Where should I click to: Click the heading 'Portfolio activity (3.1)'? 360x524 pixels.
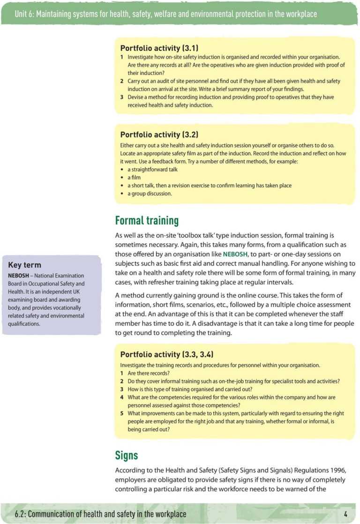(x=159, y=48)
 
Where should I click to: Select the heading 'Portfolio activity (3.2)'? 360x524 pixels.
(x=159, y=135)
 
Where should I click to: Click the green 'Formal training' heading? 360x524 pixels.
(x=147, y=220)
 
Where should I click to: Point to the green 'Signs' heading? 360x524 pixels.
(x=127, y=455)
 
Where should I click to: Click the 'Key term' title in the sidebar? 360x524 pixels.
(x=24, y=265)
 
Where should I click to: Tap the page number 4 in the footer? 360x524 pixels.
(x=345, y=514)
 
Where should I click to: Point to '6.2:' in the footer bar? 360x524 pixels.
(x=20, y=514)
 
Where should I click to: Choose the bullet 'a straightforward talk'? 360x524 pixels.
(x=153, y=169)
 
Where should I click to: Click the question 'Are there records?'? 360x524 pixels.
(x=149, y=373)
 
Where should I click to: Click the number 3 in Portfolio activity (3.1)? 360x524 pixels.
(x=121, y=97)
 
